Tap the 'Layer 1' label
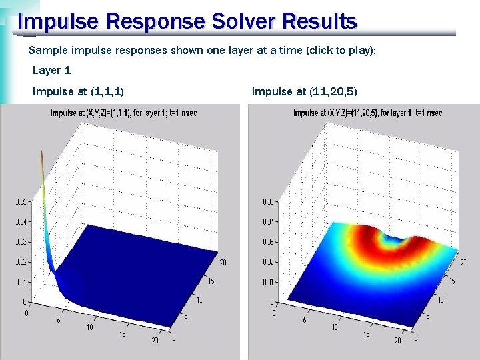pyautogui.click(x=51, y=70)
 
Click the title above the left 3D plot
pyautogui.click(x=123, y=113)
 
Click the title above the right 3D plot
pyautogui.click(x=367, y=113)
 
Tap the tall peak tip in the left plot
pyautogui.click(x=42, y=153)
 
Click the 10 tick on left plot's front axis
pyautogui.click(x=90, y=327)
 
